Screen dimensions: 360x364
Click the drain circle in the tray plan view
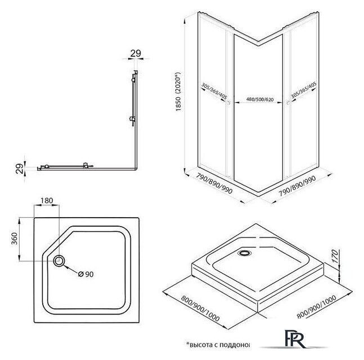(x=59, y=260)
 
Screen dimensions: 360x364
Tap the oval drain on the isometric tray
(x=245, y=253)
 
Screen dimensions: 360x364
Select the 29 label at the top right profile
(x=135, y=53)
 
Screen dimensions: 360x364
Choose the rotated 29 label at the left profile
(x=19, y=167)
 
